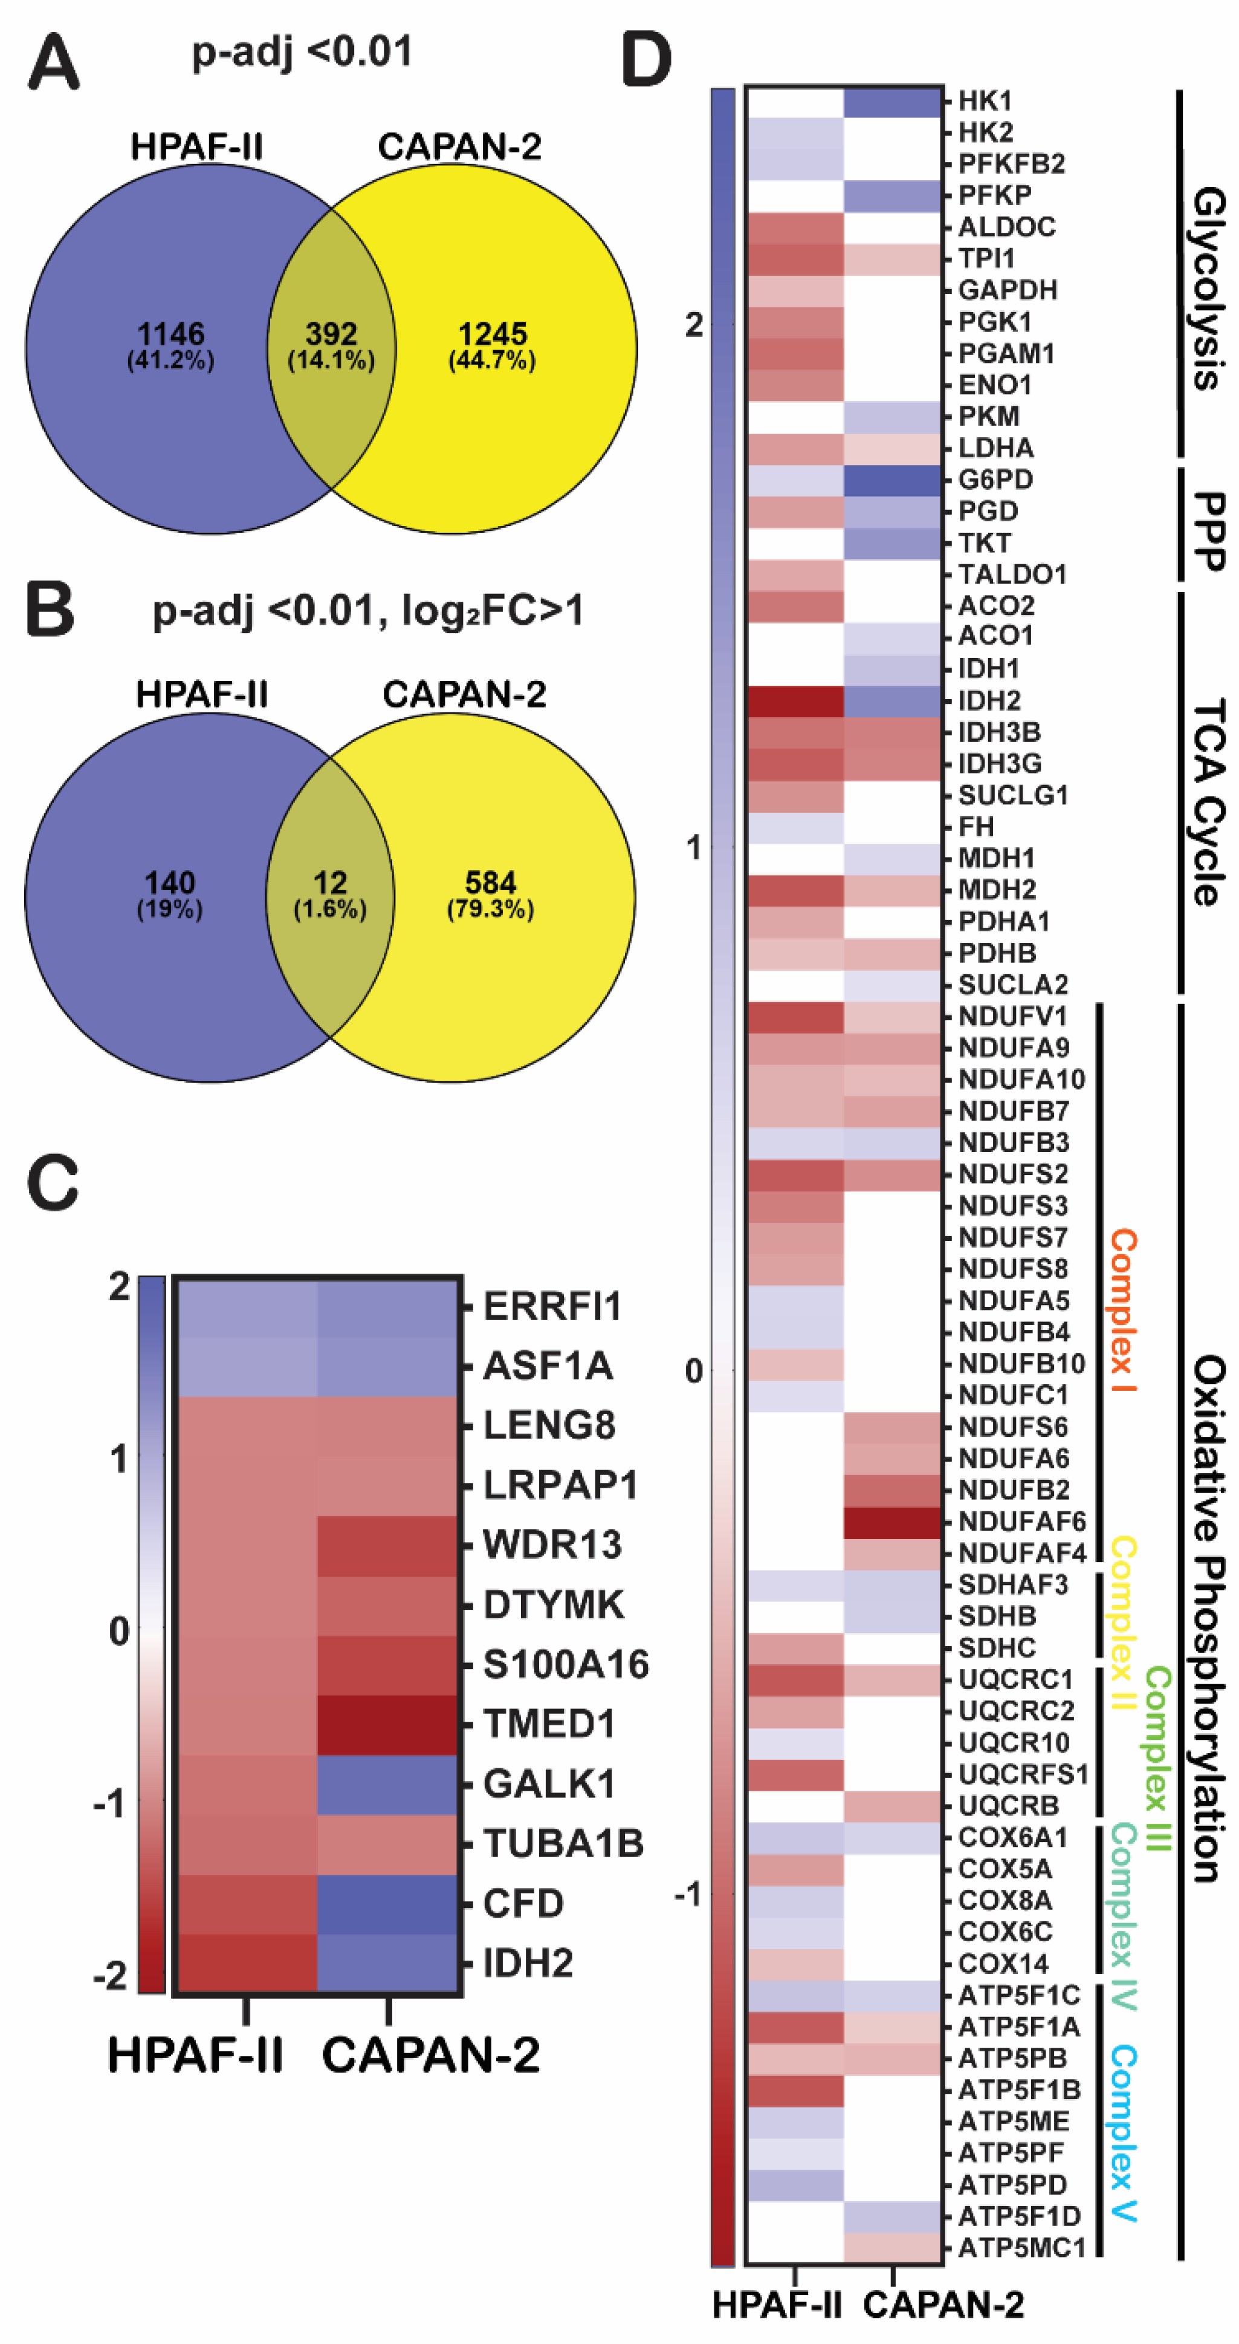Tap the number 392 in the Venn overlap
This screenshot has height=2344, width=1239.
click(x=331, y=334)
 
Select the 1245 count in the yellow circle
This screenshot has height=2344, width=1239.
click(x=492, y=334)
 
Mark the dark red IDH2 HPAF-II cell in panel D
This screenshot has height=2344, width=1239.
click(x=795, y=702)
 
